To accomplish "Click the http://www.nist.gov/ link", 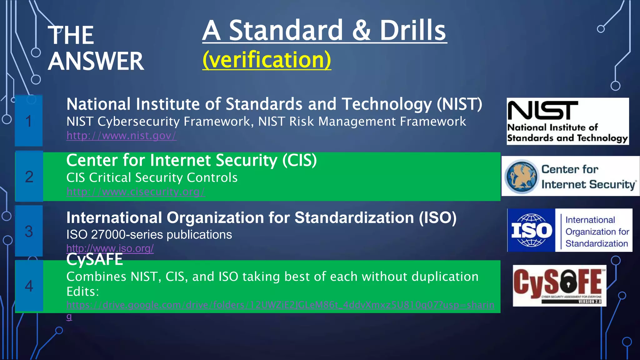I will click(x=121, y=136).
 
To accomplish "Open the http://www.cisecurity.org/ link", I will click(x=135, y=192).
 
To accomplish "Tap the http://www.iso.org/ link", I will click(x=110, y=248).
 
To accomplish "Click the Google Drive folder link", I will click(x=280, y=305).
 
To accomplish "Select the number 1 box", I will click(x=29, y=121).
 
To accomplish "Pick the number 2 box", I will click(x=29, y=177).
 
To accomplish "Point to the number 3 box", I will click(x=29, y=231).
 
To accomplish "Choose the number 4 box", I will click(x=29, y=286).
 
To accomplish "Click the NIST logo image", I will click(x=567, y=121).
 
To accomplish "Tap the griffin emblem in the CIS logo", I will click(x=522, y=177).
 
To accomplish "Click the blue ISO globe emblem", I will click(x=531, y=230).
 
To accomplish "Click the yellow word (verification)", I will click(x=267, y=59).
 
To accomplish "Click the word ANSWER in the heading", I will click(x=96, y=61).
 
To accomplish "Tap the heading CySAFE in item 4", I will click(x=94, y=259).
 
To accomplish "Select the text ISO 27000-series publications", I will click(x=149, y=234).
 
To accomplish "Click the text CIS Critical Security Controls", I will click(x=152, y=177).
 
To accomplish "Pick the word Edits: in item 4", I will click(x=82, y=292).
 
